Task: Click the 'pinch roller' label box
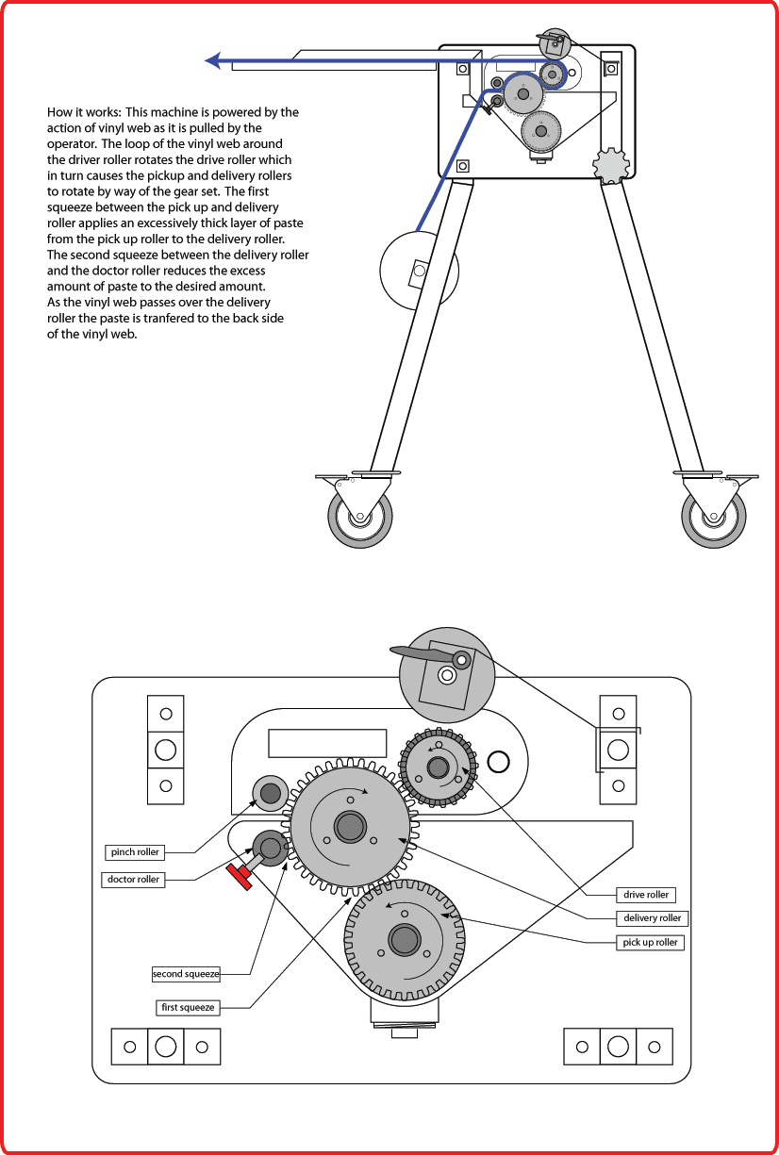pos(135,852)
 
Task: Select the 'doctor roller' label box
pos(133,880)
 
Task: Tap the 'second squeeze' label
pos(186,973)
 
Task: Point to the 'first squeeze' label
pos(188,1007)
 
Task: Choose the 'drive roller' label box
pos(646,894)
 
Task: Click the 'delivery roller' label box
pos(652,917)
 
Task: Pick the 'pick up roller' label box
pos(651,942)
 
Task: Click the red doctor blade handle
pos(239,876)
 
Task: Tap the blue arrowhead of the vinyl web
pos(214,61)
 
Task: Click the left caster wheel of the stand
pos(359,517)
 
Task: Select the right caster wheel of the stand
pos(714,517)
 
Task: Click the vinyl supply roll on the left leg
pos(419,272)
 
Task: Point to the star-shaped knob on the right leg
pos(610,165)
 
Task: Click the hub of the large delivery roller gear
pos(350,827)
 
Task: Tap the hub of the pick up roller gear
pos(404,940)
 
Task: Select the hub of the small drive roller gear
pos(438,767)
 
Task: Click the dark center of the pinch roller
pos(269,793)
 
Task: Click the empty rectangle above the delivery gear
pos(327,743)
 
